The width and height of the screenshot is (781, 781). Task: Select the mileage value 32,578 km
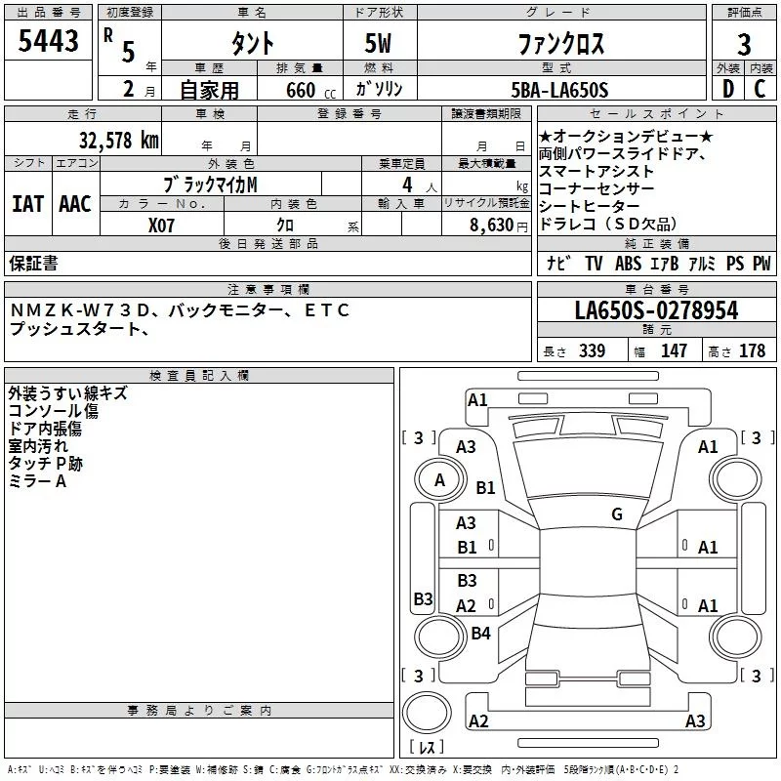pos(118,139)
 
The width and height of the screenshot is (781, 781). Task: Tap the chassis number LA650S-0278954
pos(656,310)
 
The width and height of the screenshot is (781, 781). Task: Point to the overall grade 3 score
pos(744,44)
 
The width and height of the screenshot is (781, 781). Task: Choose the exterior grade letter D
pos(727,90)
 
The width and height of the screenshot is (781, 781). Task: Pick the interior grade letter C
pos(760,90)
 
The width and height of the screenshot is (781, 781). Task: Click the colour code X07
pos(162,224)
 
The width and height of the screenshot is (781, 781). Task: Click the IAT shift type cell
pos(27,203)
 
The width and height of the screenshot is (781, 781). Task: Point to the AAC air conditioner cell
pos(74,203)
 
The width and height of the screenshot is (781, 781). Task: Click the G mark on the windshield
pos(617,514)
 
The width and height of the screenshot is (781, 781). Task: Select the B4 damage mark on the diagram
pos(480,634)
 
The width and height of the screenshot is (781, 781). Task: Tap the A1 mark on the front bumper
pos(477,399)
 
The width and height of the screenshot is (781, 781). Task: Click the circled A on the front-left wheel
pos(439,479)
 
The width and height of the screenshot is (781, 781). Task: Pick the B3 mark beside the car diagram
pos(423,598)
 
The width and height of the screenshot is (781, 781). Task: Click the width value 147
pos(674,350)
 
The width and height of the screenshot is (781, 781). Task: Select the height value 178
pos(752,350)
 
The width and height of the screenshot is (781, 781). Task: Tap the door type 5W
pos(379,44)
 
